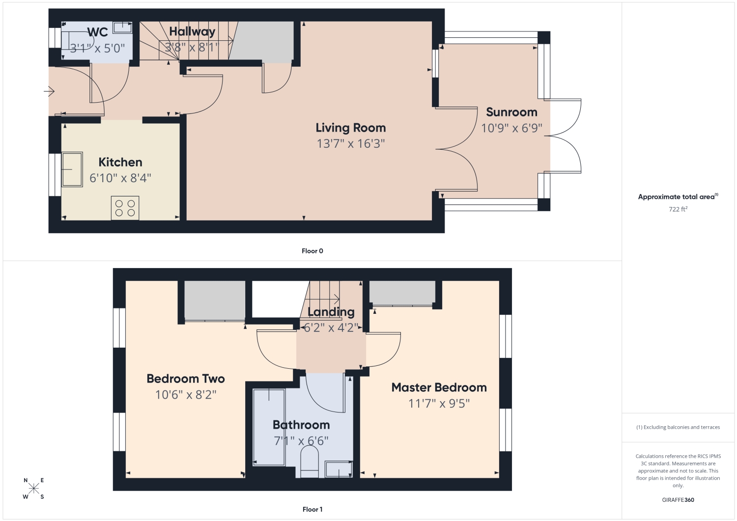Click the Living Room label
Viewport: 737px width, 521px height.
tap(351, 128)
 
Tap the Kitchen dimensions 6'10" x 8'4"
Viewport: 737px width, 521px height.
tap(120, 178)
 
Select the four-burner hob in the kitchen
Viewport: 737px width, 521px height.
tap(125, 208)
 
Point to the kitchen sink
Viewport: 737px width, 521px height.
tap(72, 169)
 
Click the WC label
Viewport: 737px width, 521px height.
tap(98, 32)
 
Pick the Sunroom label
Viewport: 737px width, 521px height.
tap(511, 112)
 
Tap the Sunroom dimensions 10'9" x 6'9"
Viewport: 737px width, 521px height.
tap(511, 128)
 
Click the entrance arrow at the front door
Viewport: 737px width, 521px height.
tap(49, 91)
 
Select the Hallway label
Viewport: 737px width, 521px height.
tap(192, 31)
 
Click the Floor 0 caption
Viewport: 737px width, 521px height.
tap(312, 251)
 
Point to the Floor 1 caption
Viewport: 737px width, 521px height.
tap(312, 510)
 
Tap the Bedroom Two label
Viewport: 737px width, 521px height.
tap(186, 379)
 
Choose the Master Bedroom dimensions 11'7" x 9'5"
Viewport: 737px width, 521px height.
tap(439, 403)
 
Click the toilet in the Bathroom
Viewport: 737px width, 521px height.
tap(310, 462)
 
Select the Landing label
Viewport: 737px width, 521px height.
tap(331, 312)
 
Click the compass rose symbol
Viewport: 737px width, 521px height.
tap(33, 489)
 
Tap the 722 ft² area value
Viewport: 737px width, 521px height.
tap(678, 209)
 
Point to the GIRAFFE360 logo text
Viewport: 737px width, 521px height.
tap(678, 500)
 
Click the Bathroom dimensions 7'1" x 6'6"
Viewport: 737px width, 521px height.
tap(301, 440)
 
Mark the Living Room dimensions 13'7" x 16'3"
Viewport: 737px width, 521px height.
tap(351, 144)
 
